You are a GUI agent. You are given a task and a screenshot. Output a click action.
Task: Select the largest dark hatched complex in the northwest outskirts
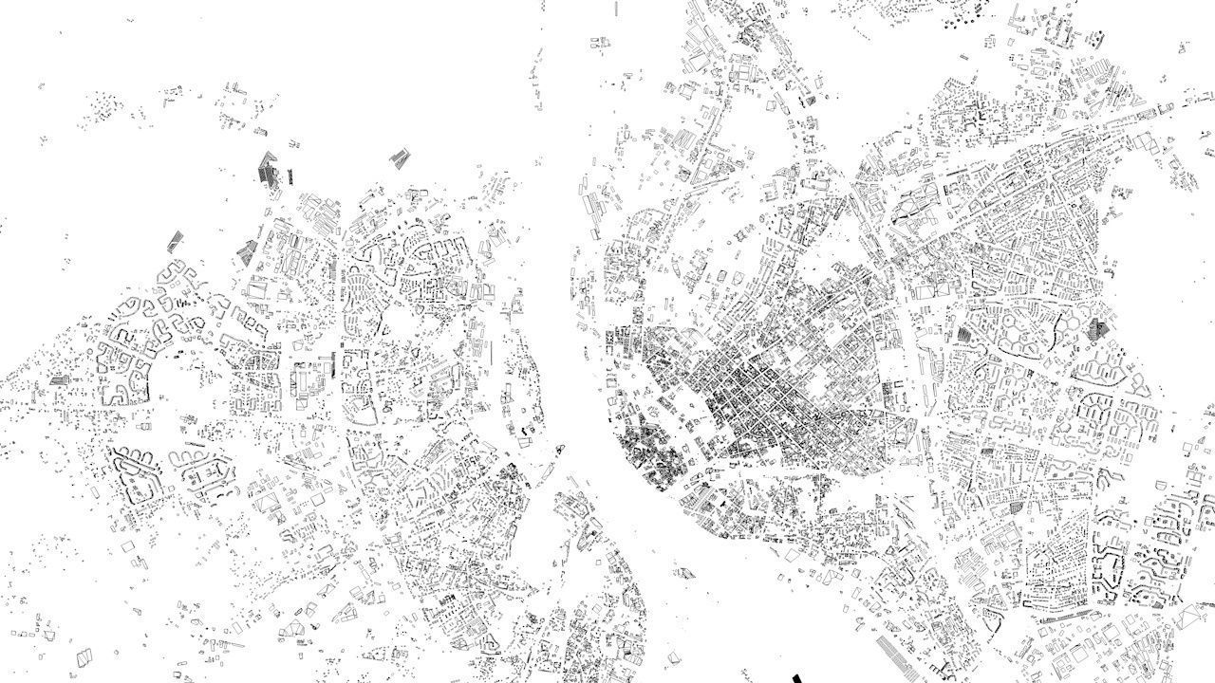coord(270,171)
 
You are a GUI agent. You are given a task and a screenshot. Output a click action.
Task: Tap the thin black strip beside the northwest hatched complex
coord(290,176)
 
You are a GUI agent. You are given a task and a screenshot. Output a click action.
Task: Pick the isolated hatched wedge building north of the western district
coord(400,158)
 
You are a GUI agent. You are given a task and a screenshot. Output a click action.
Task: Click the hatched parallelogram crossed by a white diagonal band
coord(176,241)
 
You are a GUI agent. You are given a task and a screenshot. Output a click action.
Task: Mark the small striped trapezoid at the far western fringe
coord(62,379)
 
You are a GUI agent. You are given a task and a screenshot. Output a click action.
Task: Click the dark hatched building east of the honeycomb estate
coord(1098,329)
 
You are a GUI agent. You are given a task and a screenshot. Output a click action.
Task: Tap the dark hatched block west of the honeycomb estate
coord(964,334)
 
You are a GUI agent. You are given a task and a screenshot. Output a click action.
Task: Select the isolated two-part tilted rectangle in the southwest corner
coord(85,655)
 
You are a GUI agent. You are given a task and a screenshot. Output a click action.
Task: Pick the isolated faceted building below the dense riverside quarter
coord(683,573)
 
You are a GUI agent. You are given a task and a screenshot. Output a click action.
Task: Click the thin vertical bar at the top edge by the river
coord(618,8)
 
